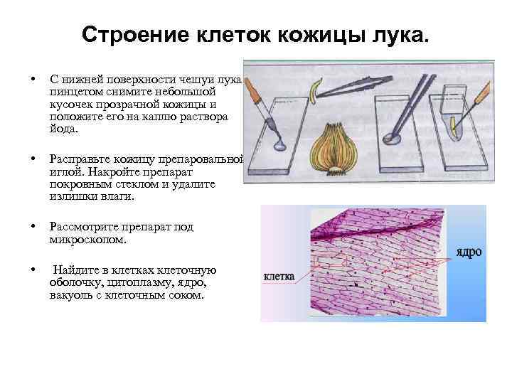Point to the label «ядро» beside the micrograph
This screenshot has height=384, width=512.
(469, 252)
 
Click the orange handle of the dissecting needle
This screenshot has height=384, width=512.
(484, 89)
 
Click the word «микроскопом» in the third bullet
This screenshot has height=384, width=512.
(88, 240)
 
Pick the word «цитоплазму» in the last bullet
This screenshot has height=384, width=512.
(131, 282)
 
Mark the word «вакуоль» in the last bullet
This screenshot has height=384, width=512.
(71, 294)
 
